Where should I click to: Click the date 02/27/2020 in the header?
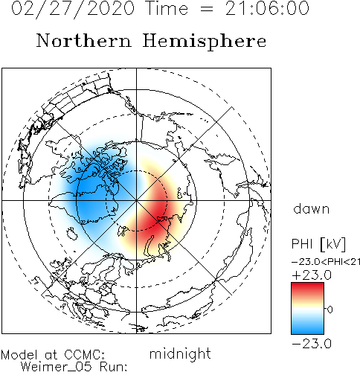click(x=73, y=8)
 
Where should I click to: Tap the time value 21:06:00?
click(x=267, y=8)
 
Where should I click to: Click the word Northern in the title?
click(x=83, y=40)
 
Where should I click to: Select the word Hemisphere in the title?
click(x=205, y=42)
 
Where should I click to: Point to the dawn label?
click(x=312, y=209)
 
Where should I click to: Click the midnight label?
click(x=180, y=354)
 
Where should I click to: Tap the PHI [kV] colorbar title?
click(x=318, y=244)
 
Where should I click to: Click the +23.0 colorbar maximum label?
click(x=312, y=275)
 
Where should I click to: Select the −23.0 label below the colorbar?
click(x=312, y=344)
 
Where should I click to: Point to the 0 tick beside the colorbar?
click(x=330, y=310)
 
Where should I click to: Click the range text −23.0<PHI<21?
click(x=326, y=262)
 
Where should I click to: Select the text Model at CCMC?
click(x=53, y=355)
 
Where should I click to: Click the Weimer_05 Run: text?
click(x=74, y=367)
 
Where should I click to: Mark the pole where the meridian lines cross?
click(x=136, y=200)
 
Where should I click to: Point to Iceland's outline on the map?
click(x=72, y=234)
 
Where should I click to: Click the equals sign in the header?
click(x=207, y=10)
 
